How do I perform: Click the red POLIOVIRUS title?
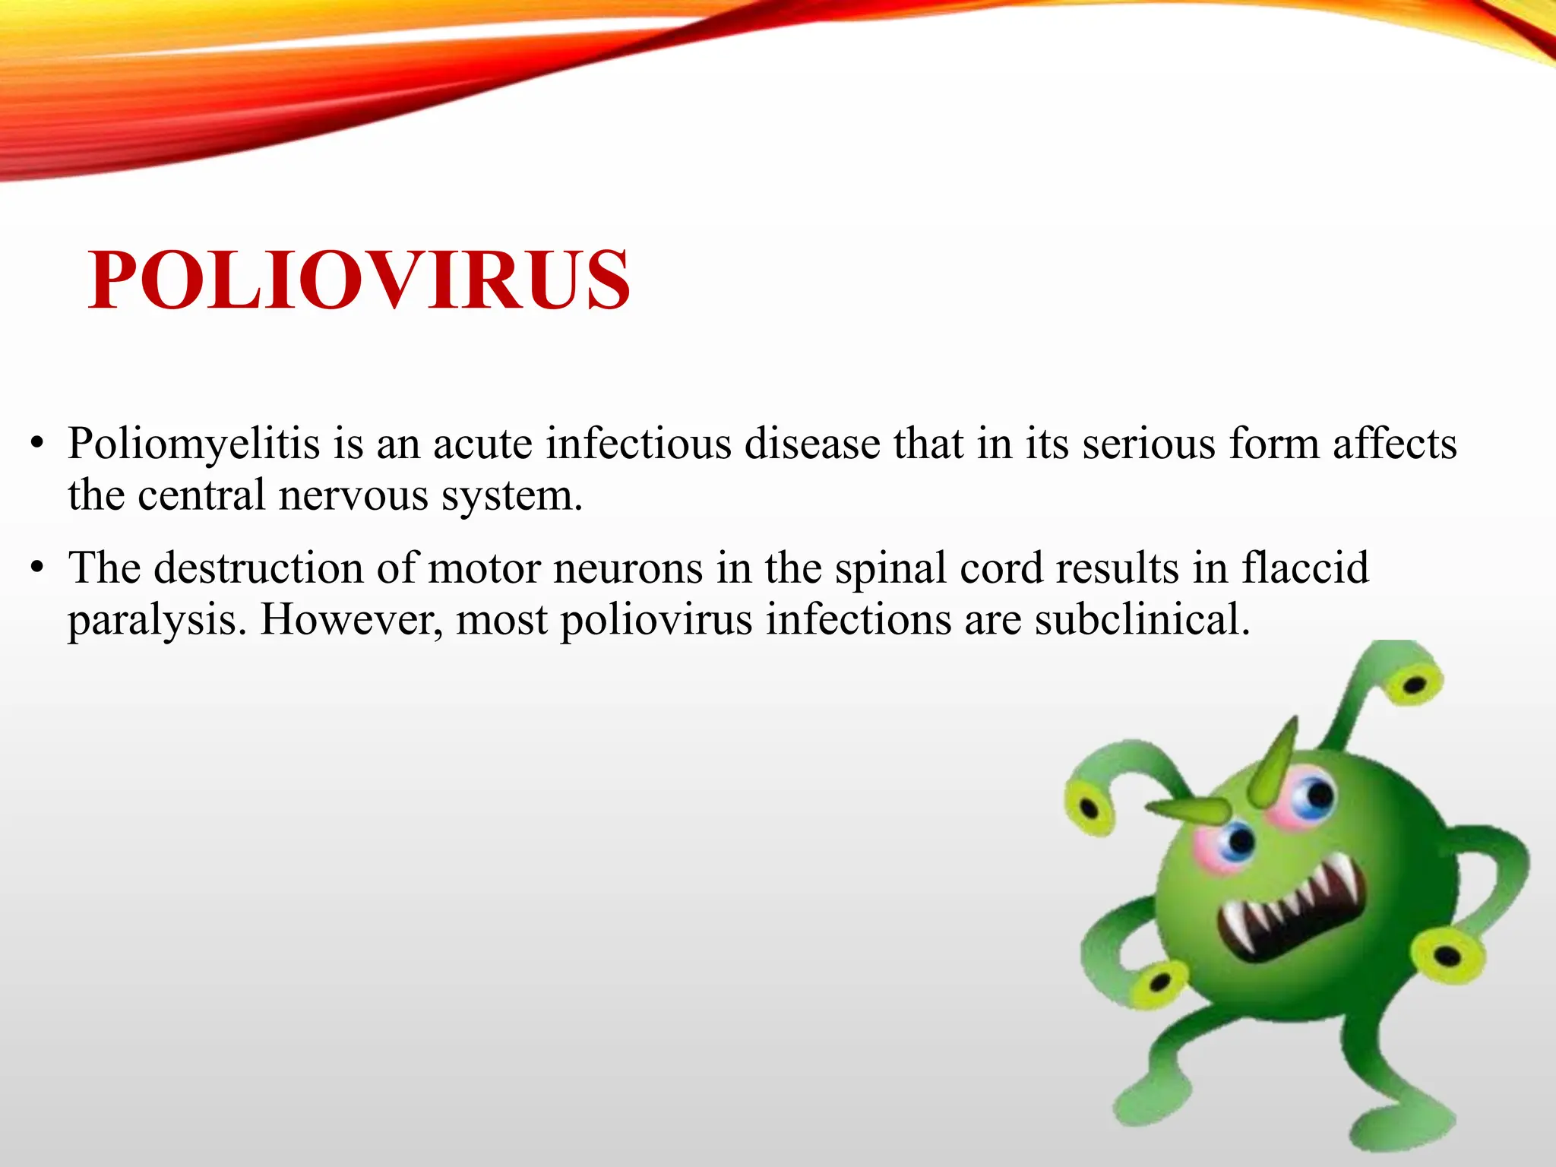[359, 281]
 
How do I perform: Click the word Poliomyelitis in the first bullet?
[194, 444]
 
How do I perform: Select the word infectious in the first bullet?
[638, 444]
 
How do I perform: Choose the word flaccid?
[1305, 568]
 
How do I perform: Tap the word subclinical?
[1142, 620]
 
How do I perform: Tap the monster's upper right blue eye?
[1317, 796]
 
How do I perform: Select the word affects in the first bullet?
[1395, 444]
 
